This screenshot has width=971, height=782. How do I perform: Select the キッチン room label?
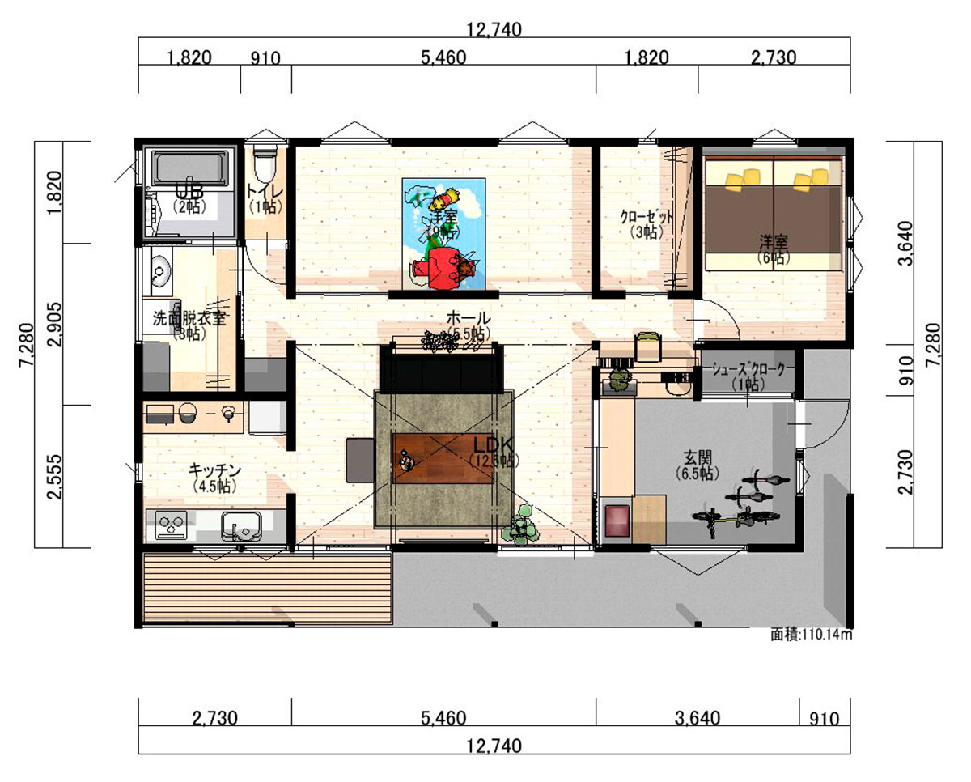click(214, 470)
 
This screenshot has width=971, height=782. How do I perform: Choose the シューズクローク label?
click(748, 369)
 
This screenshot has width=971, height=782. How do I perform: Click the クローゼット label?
click(647, 217)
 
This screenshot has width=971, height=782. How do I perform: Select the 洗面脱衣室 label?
click(189, 318)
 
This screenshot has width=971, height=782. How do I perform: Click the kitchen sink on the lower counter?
click(241, 527)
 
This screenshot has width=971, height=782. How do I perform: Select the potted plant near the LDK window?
click(519, 524)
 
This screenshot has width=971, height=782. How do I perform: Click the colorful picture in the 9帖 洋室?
click(443, 232)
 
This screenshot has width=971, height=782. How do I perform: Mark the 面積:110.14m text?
click(811, 635)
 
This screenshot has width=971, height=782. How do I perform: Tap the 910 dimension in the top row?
click(265, 57)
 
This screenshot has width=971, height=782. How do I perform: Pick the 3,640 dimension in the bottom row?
click(697, 717)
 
